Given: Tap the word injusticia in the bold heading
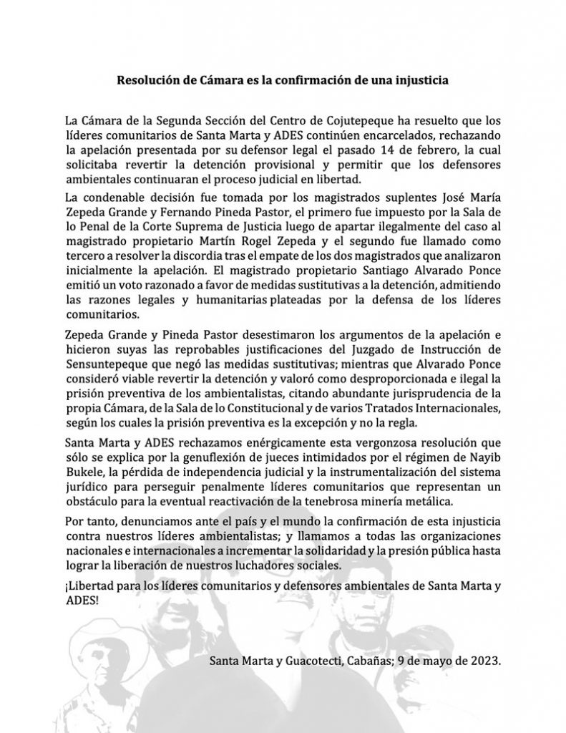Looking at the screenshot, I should click(x=421, y=80).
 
